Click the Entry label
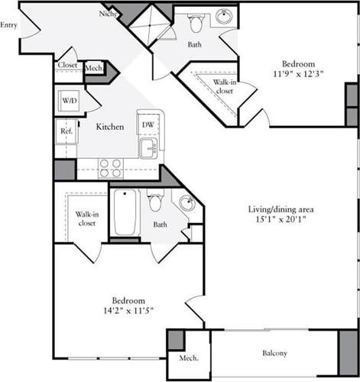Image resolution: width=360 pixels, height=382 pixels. click(x=9, y=25)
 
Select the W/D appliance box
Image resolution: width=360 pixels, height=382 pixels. click(x=68, y=100)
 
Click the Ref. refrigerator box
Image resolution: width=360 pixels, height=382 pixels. click(x=66, y=131)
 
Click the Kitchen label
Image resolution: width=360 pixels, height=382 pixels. click(x=110, y=128)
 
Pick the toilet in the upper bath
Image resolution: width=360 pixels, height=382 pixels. click(x=195, y=24)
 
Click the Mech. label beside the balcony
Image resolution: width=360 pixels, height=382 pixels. click(x=188, y=358)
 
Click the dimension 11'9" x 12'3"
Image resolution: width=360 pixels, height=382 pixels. click(x=293, y=76)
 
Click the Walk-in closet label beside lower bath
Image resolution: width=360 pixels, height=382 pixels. click(x=86, y=219)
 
